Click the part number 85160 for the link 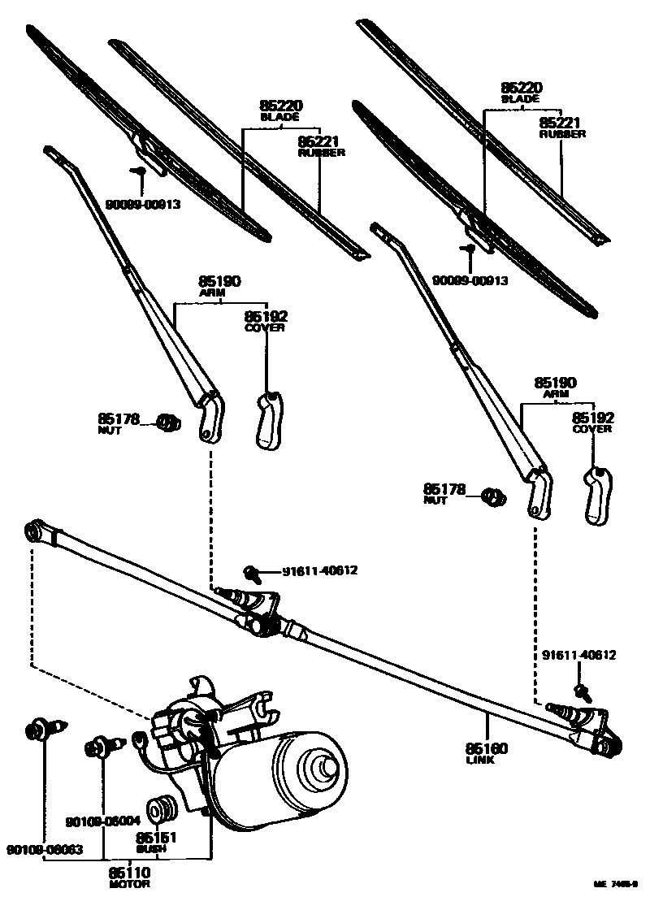[487, 748]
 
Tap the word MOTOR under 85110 [129, 883]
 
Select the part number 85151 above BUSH [152, 838]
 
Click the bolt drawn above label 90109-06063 [40, 729]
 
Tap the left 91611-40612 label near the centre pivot [319, 570]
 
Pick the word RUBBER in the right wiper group [562, 134]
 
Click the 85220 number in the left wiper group [280, 106]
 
